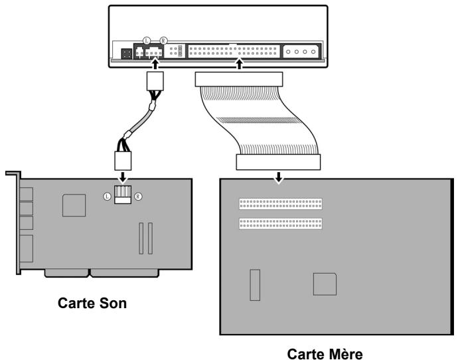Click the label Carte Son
coord(92,303)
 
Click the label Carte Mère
coord(325,353)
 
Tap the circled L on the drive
coord(147,41)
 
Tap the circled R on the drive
coord(163,41)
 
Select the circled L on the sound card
coord(107,197)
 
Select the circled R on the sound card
coord(138,197)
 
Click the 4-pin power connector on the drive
coord(301,51)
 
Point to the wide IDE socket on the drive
coord(234,51)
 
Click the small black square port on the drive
coord(127,54)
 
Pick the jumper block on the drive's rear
coord(175,51)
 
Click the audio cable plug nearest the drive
coord(155,81)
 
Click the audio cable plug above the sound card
coord(123,161)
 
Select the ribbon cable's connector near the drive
coord(239,80)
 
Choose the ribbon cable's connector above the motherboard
coord(278,162)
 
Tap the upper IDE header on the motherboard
coord(280,204)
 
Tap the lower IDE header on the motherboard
coord(280,224)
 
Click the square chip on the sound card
coord(74,205)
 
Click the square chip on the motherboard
coord(325,284)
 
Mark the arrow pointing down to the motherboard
coord(279,177)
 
